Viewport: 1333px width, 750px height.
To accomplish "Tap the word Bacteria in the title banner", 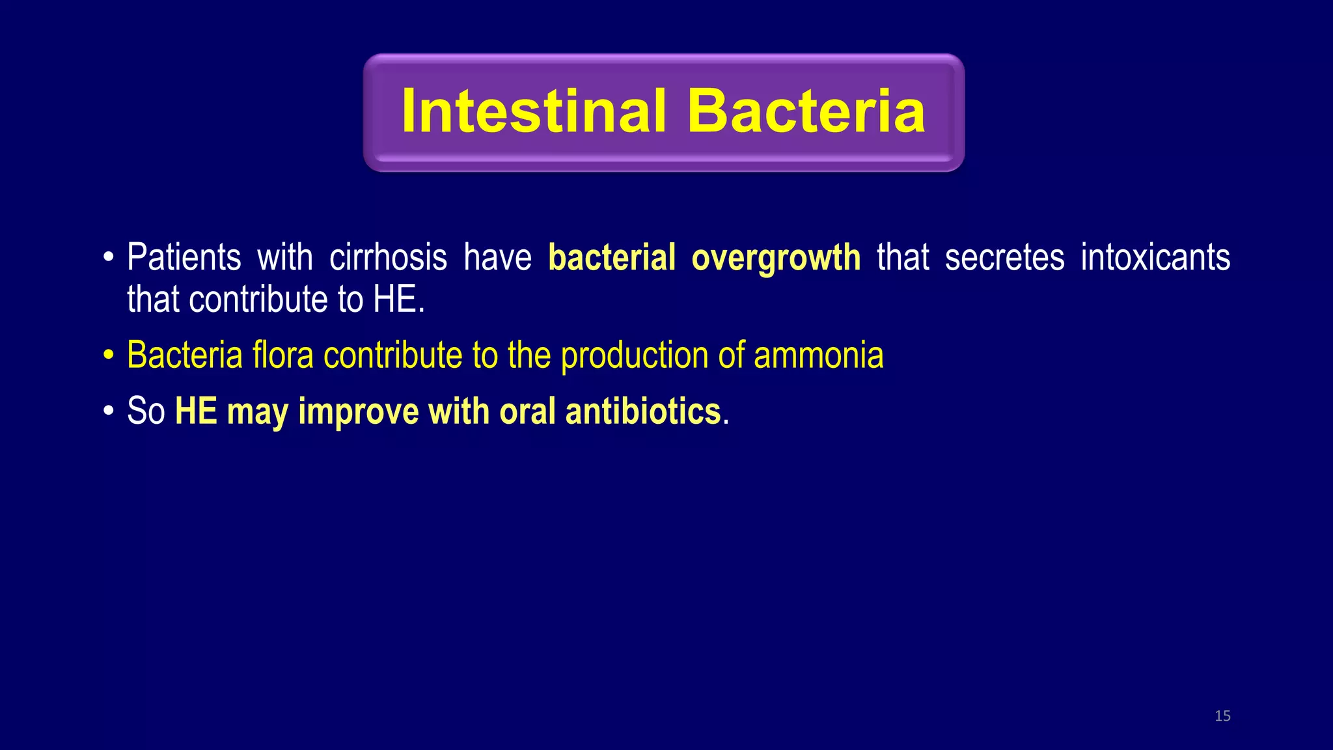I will [806, 111].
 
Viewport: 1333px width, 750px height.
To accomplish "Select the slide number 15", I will [1222, 716].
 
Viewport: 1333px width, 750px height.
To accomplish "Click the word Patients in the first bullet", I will [184, 257].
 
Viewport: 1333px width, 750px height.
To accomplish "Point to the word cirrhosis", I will [388, 257].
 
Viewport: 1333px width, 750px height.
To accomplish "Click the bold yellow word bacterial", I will [612, 257].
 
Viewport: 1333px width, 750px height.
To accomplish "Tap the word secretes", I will [1004, 257].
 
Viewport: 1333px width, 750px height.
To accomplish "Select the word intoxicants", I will [1155, 257].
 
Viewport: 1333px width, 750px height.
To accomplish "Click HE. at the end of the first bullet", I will [399, 299].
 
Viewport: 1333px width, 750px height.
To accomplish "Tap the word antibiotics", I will [643, 411].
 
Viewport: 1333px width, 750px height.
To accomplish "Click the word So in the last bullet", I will [146, 411].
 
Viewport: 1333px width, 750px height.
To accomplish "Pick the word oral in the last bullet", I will [527, 411].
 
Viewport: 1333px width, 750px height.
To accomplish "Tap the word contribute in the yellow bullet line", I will [392, 355].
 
